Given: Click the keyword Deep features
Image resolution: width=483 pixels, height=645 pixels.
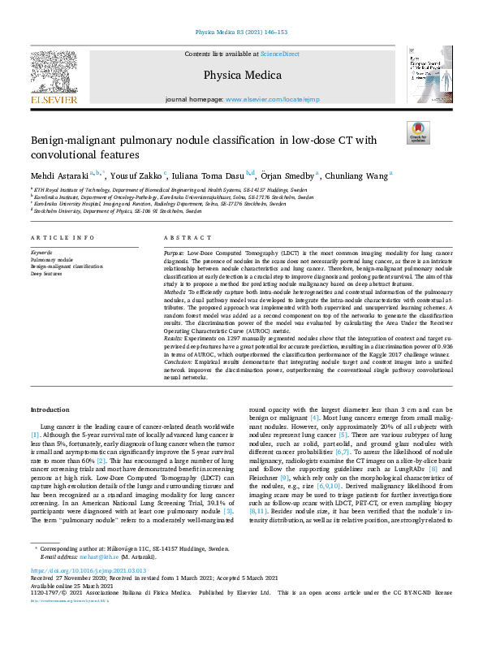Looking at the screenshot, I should (x=46, y=273).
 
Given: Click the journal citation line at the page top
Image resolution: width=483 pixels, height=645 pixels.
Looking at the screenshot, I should (x=240, y=32).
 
